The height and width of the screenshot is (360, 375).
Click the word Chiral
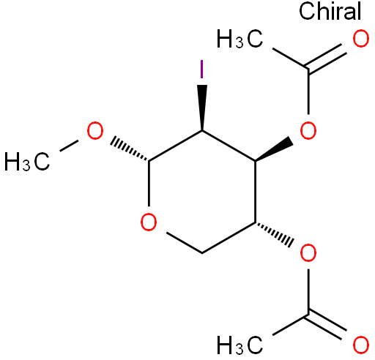pyautogui.click(x=330, y=11)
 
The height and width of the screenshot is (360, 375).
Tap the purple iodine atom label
pyautogui.click(x=201, y=69)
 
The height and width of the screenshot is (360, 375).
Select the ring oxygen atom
pyautogui.click(x=149, y=222)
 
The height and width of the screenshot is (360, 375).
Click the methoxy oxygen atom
pyautogui.click(x=95, y=131)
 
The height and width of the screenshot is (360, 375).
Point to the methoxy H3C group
pyautogui.click(x=27, y=161)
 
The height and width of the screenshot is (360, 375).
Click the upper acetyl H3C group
pyautogui.click(x=240, y=39)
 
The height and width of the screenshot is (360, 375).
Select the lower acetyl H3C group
pyautogui.click(x=240, y=345)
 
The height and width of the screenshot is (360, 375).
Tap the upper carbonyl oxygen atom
pyautogui.click(x=361, y=39)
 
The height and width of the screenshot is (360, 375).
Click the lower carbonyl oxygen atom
pyautogui.click(x=361, y=345)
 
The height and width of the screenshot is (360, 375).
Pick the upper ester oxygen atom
pyautogui.click(x=308, y=130)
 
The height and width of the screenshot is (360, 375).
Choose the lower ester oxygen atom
pyautogui.click(x=308, y=253)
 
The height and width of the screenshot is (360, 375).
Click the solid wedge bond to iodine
pyautogui.click(x=202, y=108)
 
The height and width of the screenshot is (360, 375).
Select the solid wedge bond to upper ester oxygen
pyautogui.click(x=274, y=149)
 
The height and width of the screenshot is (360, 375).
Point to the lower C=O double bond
pyautogui.click(x=327, y=326)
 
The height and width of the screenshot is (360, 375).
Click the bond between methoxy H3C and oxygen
pyautogui.click(x=69, y=146)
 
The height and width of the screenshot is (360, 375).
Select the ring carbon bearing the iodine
pyautogui.click(x=202, y=131)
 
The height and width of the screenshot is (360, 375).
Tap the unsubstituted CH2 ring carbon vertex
pyautogui.click(x=202, y=253)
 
